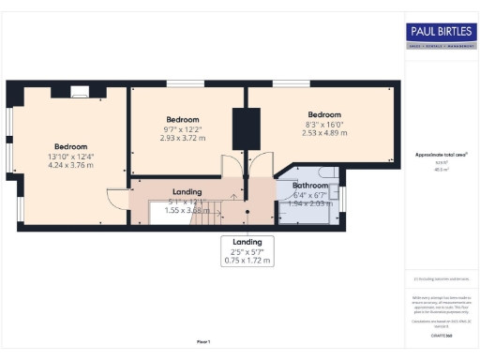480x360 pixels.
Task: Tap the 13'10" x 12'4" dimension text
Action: (x=70, y=157)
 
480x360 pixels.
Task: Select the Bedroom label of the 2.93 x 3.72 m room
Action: (x=183, y=120)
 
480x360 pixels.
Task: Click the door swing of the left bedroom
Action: (x=116, y=200)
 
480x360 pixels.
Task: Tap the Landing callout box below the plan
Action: (x=247, y=250)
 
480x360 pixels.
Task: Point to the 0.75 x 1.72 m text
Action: (x=247, y=261)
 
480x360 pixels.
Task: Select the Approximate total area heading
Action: (x=441, y=155)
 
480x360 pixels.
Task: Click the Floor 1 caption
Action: (x=203, y=341)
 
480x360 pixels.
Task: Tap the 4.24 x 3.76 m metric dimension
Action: (x=70, y=166)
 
